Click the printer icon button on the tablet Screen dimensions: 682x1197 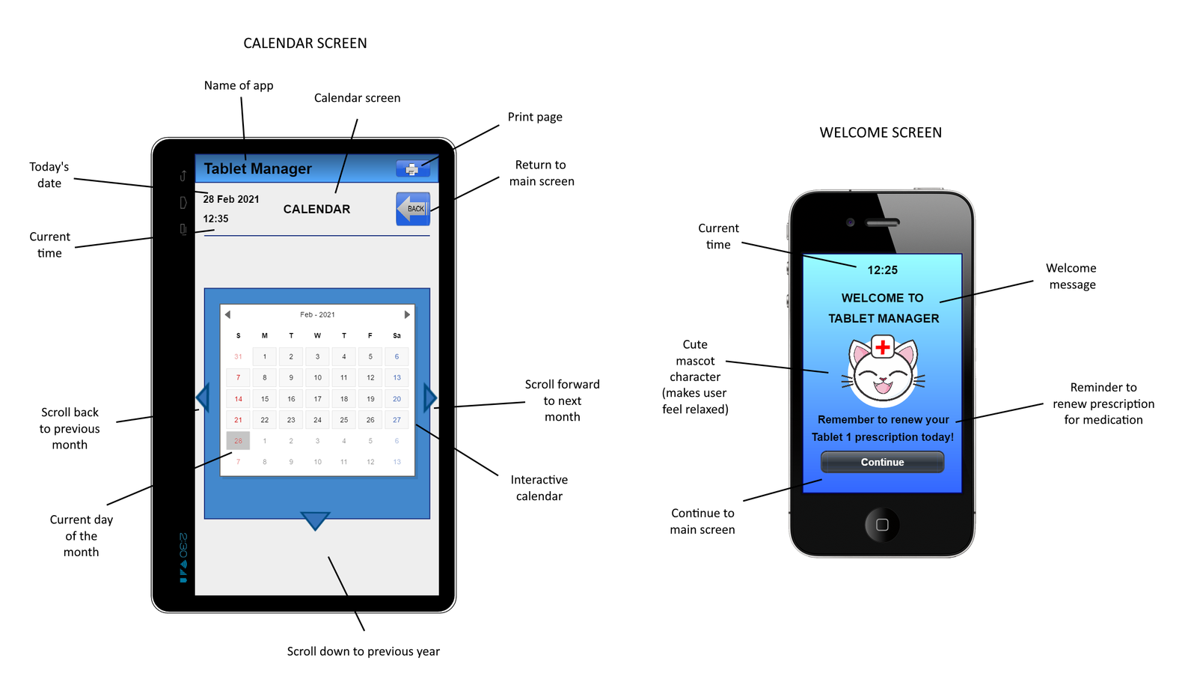point(412,169)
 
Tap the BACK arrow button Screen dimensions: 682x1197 point(412,209)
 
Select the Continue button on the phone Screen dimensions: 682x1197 point(882,462)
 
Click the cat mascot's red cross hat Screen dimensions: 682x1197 point(883,347)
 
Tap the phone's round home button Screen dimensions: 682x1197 point(882,525)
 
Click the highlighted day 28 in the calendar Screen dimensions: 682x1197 point(238,441)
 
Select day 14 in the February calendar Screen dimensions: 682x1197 point(238,399)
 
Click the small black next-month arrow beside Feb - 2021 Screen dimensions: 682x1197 point(407,314)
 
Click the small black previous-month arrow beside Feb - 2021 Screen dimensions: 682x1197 point(227,314)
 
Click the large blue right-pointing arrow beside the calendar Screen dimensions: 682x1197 point(429,398)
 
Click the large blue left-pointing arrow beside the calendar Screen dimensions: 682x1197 point(202,398)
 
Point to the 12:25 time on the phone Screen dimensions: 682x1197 point(882,270)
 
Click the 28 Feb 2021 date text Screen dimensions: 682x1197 point(231,199)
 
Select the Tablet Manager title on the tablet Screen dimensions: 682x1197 point(257,169)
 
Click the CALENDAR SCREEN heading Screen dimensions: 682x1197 point(305,43)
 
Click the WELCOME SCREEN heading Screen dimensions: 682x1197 point(881,133)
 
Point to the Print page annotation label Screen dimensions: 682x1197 point(535,117)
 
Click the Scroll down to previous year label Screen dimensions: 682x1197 point(364,651)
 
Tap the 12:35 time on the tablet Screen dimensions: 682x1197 point(215,219)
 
